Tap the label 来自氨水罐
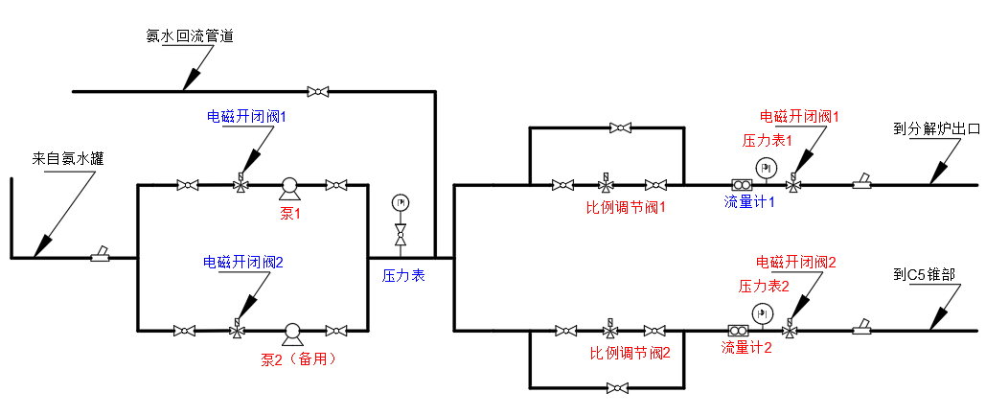point(68,160)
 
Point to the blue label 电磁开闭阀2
point(243,261)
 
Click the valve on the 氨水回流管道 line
point(317,92)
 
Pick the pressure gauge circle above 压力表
point(401,202)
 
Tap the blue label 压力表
point(403,275)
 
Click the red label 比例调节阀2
point(630,352)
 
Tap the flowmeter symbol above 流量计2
point(739,332)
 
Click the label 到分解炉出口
point(936,127)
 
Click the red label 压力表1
point(768,139)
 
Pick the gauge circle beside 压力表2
point(763,313)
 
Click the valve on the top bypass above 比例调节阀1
point(620,127)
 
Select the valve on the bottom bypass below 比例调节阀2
point(620,388)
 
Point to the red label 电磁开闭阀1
point(799,116)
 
